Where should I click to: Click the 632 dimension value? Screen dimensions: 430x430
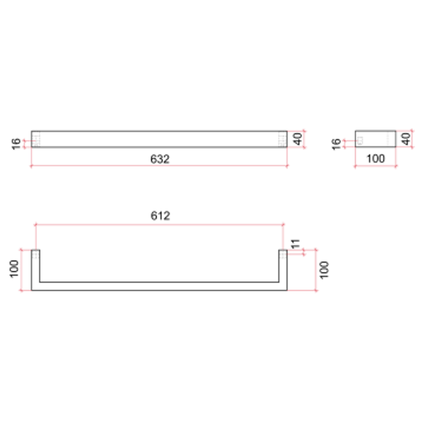(160, 159)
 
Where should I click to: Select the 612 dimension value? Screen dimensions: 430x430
(160, 216)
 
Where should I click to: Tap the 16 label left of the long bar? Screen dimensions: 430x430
(16, 143)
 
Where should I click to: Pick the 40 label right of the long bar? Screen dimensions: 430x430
(298, 139)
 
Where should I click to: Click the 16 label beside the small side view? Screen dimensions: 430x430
(336, 143)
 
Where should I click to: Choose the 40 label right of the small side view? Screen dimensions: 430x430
(406, 139)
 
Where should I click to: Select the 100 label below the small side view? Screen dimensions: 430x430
(375, 158)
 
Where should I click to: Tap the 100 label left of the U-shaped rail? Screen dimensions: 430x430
(14, 270)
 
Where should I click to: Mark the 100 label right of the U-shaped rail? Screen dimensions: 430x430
(324, 270)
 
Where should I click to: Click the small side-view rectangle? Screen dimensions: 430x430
(375, 139)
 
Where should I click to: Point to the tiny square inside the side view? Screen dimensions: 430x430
(360, 140)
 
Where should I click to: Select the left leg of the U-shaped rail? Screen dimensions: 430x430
(35, 269)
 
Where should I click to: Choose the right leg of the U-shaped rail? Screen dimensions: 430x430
(283, 269)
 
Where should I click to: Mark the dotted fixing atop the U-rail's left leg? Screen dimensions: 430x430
(35, 254)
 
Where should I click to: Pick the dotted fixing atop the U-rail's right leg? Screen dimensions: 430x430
(283, 254)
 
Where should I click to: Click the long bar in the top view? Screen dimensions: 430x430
(159, 139)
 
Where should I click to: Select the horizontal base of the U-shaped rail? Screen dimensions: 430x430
(159, 286)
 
